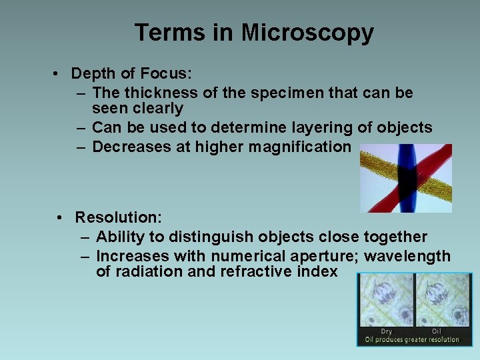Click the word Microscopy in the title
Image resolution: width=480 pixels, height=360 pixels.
coord(307,33)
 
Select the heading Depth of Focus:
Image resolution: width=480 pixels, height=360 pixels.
coord(131,73)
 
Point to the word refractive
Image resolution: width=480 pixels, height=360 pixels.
coord(254,271)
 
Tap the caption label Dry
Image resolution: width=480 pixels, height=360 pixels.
coord(386,331)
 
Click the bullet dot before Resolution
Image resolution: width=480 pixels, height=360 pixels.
coord(60,218)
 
